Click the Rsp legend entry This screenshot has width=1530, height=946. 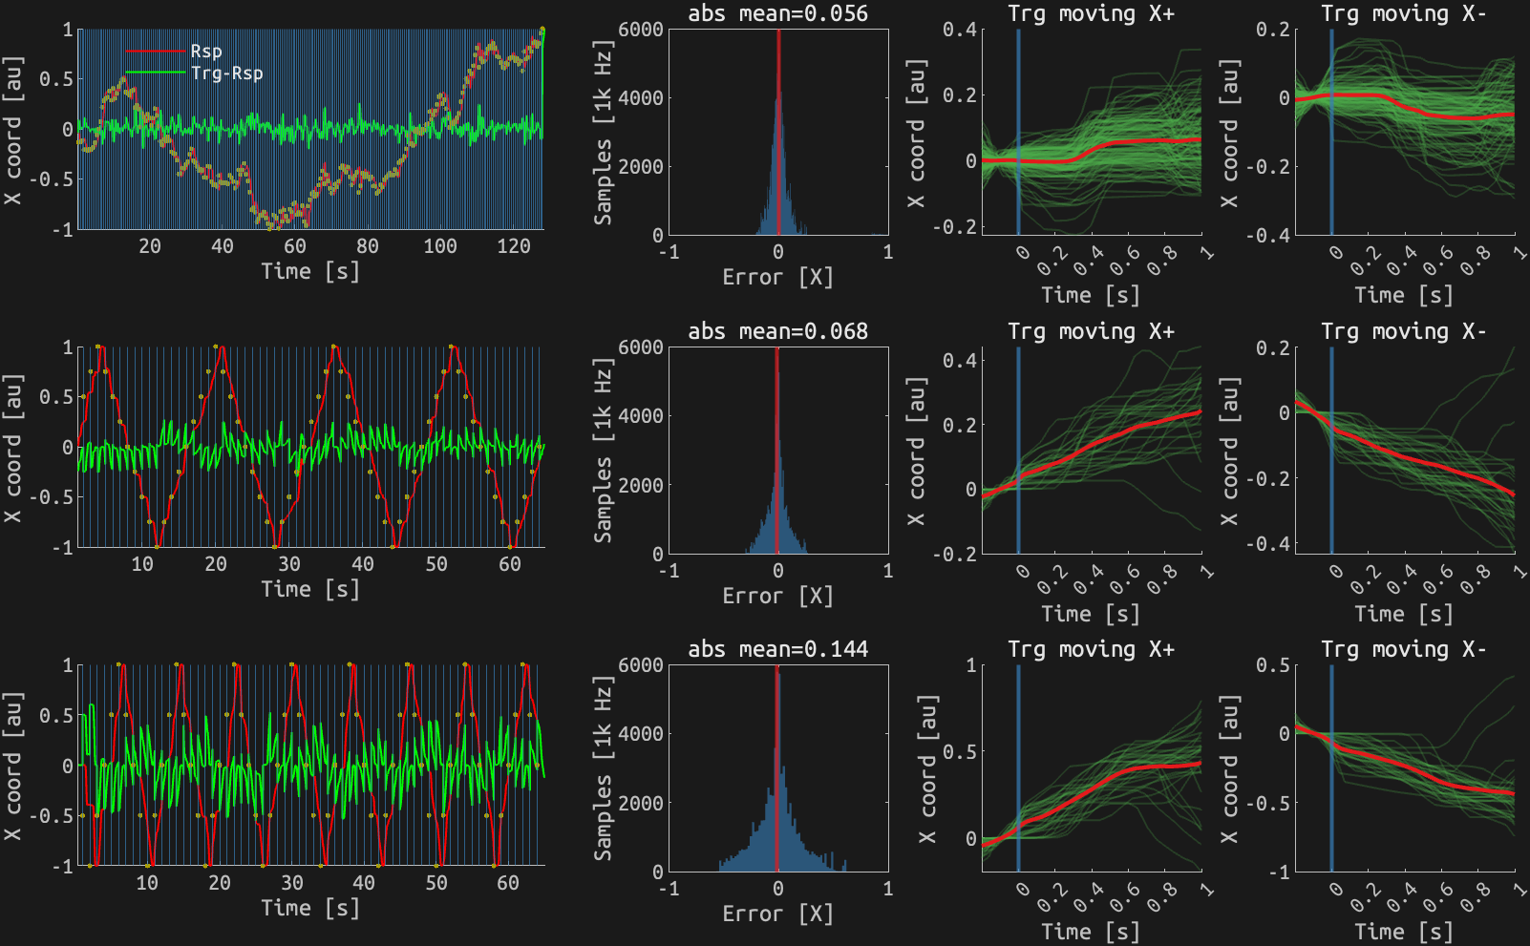pyautogui.click(x=205, y=52)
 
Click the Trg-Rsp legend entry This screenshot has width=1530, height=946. pyautogui.click(x=226, y=74)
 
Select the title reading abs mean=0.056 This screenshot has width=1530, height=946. pyautogui.click(x=778, y=13)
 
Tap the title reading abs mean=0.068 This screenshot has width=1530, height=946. pyautogui.click(x=778, y=331)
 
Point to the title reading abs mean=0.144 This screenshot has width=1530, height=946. pyautogui.click(x=778, y=649)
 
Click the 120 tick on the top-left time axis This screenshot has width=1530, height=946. pyautogui.click(x=514, y=246)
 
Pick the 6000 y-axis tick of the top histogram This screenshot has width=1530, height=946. pyautogui.click(x=641, y=30)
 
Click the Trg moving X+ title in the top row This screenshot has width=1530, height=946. pyautogui.click(x=1091, y=13)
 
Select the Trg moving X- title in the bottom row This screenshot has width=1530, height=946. pyautogui.click(x=1404, y=649)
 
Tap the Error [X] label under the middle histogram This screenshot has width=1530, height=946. pyautogui.click(x=778, y=596)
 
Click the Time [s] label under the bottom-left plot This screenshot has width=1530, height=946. pyautogui.click(x=311, y=908)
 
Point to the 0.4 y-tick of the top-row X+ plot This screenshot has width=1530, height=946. pyautogui.click(x=960, y=30)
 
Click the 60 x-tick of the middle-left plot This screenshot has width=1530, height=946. pyautogui.click(x=510, y=564)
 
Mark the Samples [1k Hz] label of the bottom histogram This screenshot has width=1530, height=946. pyautogui.click(x=603, y=768)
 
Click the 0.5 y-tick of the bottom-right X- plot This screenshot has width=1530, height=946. pyautogui.click(x=1274, y=664)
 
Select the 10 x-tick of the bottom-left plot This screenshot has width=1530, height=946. pyautogui.click(x=147, y=883)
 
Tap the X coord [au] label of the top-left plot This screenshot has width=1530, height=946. pyautogui.click(x=12, y=130)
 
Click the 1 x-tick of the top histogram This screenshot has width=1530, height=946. pyautogui.click(x=888, y=252)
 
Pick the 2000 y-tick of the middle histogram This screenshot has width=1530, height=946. pyautogui.click(x=641, y=485)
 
